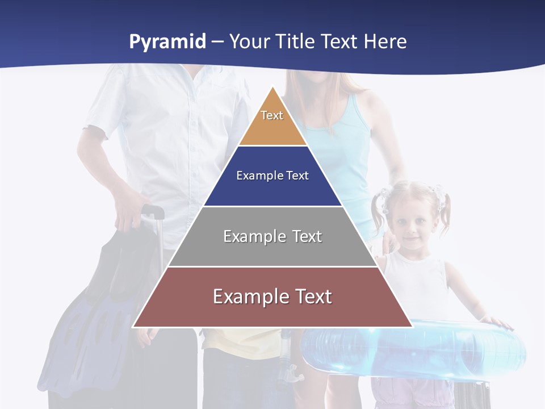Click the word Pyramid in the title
tap(167, 42)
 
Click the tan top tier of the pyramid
tap(272, 128)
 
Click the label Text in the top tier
tap(272, 115)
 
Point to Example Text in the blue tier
tap(272, 176)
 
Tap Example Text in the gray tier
tap(272, 236)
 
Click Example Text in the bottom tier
tap(272, 297)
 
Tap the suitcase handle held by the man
tap(153, 212)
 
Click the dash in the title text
tap(217, 42)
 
